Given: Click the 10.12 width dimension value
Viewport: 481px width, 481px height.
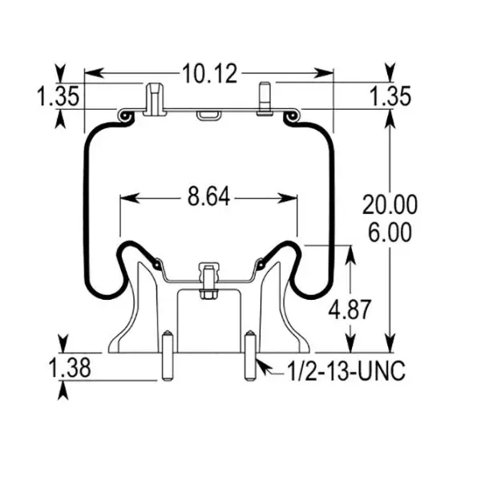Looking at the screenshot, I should (210, 74).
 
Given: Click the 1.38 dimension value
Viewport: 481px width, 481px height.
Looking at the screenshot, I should (69, 370).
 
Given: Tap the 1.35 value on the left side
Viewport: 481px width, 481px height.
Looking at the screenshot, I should (57, 97).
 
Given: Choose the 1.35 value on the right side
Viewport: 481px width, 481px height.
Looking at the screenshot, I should (390, 97).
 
